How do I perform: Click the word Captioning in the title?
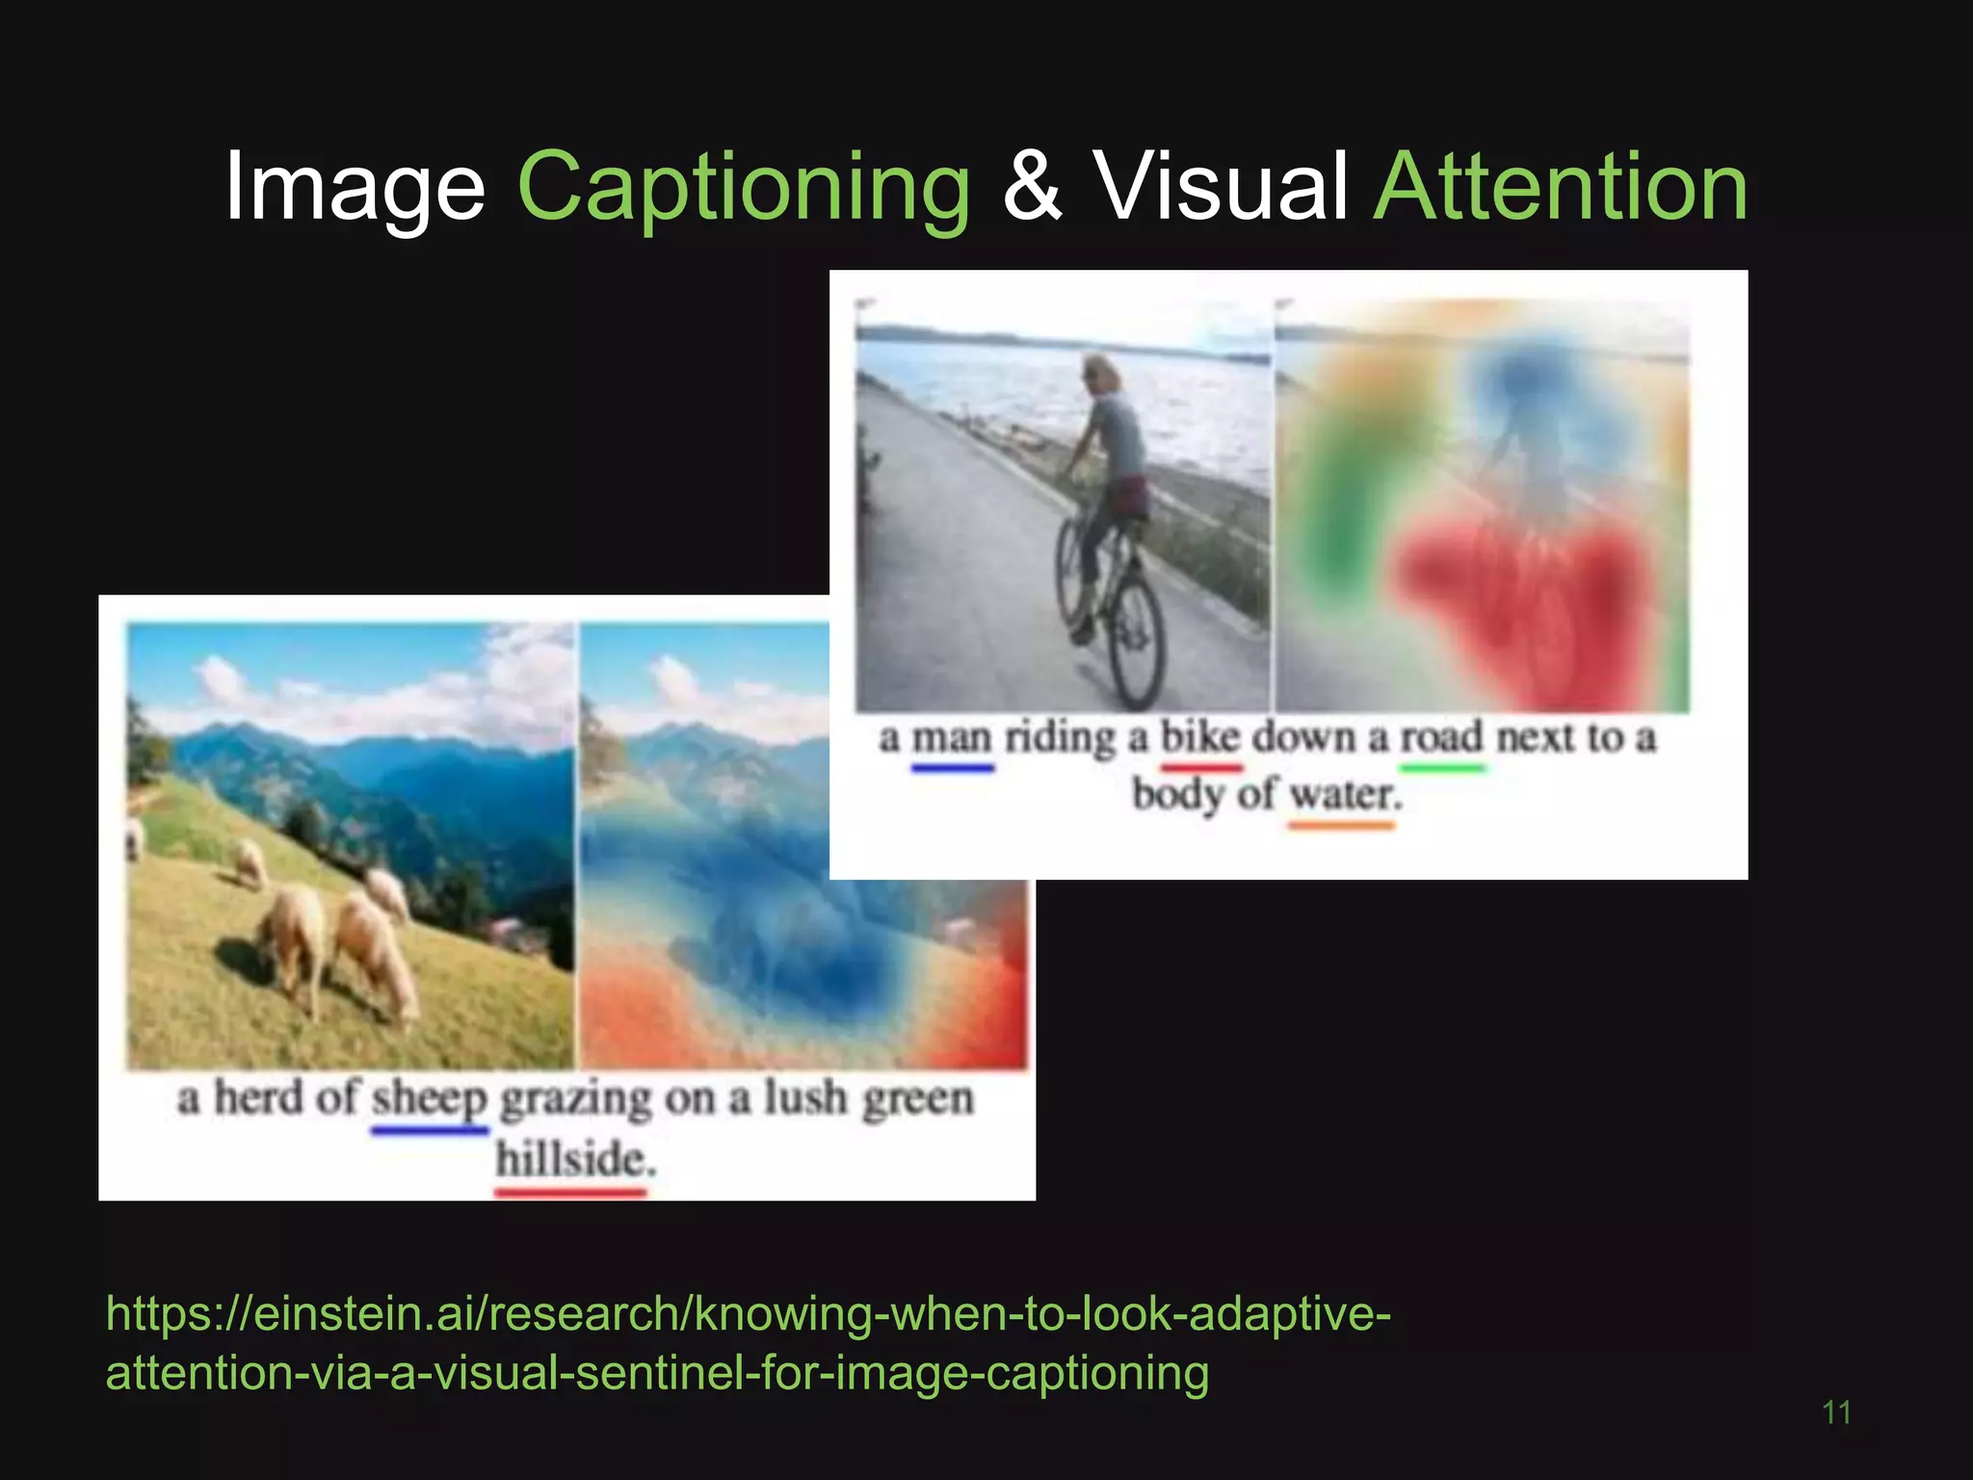coord(744,188)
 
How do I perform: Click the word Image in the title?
coord(355,188)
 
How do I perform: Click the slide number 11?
coord(1836,1413)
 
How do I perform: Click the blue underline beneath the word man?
coord(952,768)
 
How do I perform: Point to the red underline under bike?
coord(1200,768)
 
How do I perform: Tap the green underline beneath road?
coord(1442,768)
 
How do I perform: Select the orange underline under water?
coord(1341,825)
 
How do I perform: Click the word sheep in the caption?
coord(430,1098)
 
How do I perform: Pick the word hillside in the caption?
coord(575,1158)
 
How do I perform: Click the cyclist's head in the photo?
coord(1102,372)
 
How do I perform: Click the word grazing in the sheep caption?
coord(576,1100)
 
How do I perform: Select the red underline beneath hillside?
coord(569,1193)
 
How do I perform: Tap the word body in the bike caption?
coord(1177,796)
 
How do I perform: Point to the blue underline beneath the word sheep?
coord(430,1130)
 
